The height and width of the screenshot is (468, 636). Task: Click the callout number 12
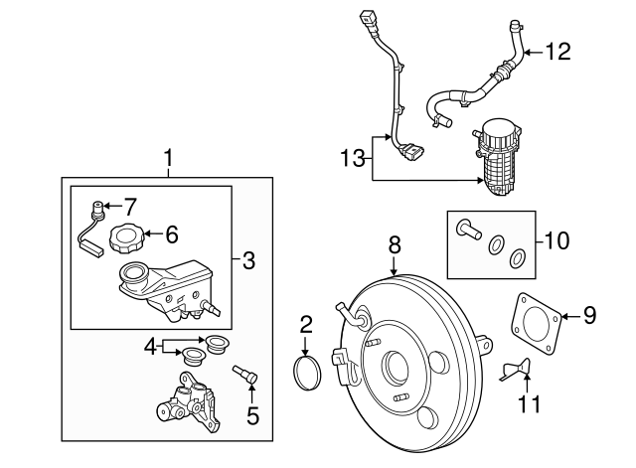tap(558, 52)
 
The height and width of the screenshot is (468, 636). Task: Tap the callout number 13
tap(353, 158)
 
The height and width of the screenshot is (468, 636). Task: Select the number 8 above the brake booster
tap(395, 245)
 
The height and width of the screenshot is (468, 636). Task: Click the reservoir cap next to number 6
tap(126, 239)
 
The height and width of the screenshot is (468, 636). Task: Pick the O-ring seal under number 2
tap(307, 372)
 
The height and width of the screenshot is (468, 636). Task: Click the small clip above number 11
tap(515, 369)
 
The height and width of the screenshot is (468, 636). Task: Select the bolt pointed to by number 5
tap(245, 373)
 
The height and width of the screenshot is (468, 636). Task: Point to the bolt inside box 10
tap(468, 230)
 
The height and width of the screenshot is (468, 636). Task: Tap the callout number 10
tap(557, 240)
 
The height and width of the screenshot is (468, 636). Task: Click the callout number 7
tap(129, 207)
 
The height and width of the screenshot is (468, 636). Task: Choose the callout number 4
tap(150, 347)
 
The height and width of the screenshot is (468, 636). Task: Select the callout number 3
tap(248, 260)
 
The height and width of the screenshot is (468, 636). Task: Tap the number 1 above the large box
tap(168, 158)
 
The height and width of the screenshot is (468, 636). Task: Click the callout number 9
tap(589, 315)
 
